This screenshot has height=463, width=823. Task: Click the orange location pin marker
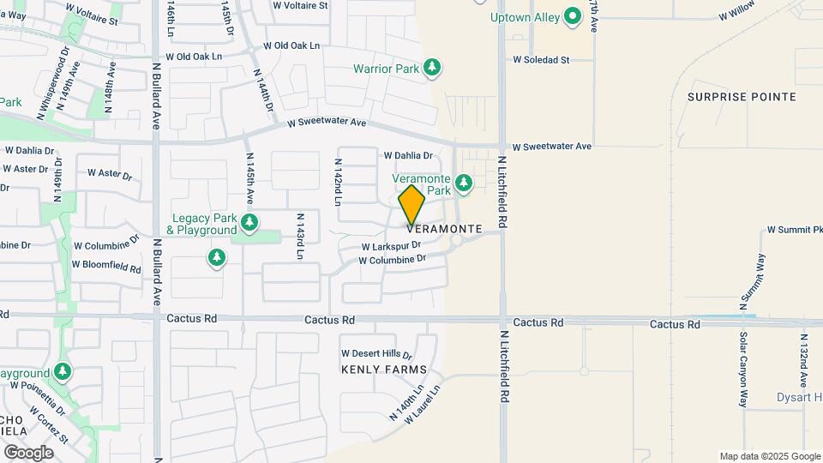[411, 204]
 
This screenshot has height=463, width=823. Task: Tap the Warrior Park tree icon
[433, 68]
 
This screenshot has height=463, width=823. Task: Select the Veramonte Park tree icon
[464, 183]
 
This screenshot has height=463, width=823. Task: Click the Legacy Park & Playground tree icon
[249, 224]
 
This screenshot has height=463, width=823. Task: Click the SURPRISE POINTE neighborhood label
[742, 97]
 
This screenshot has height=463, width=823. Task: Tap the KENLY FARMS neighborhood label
[383, 370]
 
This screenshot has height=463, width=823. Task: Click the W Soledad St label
[541, 60]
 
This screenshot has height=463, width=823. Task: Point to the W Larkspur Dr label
[391, 246]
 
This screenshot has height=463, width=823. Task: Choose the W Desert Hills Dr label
[376, 353]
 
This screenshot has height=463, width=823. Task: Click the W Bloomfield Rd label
[106, 267]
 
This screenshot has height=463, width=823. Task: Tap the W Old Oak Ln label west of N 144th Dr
[194, 57]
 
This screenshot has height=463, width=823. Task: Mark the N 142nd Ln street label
[339, 182]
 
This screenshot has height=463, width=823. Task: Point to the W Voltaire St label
[300, 5]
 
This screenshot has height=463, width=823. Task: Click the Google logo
[28, 452]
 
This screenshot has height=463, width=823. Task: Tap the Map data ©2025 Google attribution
[769, 456]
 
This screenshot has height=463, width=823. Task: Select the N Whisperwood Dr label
[52, 87]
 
